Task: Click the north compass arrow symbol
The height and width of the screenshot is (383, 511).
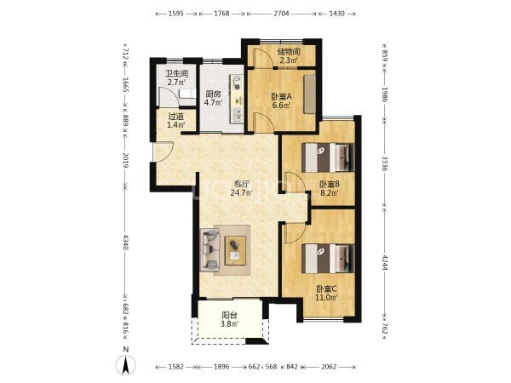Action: coord(125,365)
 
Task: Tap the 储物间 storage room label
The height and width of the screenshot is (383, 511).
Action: coord(289,51)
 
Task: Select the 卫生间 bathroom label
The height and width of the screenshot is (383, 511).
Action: coord(177,73)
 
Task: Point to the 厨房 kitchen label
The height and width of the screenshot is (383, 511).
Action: coord(213,94)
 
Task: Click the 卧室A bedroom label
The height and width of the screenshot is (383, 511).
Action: coord(282,96)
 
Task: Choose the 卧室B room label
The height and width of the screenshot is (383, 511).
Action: coord(329,184)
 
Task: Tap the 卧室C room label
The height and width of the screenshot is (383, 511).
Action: coord(326,289)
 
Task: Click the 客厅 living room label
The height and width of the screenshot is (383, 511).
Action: coord(242,184)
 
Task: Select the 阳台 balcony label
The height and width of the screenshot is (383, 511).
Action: coord(229,315)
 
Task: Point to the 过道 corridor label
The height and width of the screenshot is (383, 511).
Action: coord(176,117)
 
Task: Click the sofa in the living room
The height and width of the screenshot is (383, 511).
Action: coord(210,249)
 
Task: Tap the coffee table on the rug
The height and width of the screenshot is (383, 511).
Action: coord(235,250)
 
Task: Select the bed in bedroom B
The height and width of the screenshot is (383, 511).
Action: coord(328,157)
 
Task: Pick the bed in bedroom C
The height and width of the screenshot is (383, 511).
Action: coord(328,259)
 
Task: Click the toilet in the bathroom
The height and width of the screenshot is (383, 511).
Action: coord(187,94)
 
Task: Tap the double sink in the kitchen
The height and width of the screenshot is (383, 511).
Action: coord(238,115)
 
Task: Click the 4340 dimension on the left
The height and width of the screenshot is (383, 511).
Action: coord(126,242)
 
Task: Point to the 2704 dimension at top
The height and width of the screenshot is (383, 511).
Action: coord(281,14)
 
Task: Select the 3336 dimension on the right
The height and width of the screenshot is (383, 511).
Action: coord(385,163)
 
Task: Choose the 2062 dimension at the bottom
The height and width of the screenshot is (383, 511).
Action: coord(329,367)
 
